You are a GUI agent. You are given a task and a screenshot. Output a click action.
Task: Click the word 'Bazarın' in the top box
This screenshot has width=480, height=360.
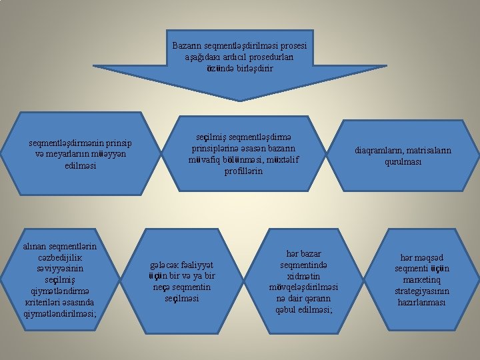tap(187, 46)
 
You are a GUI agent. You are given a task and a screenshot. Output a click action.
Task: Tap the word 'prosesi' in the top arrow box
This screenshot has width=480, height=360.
tap(292, 46)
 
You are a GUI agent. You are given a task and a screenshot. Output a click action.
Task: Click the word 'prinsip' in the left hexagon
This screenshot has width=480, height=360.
tap(118, 143)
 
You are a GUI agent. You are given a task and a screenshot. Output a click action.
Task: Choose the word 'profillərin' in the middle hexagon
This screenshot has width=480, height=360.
tap(243, 171)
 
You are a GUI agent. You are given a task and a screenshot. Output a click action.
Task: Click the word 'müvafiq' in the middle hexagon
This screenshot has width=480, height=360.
tap(207, 159)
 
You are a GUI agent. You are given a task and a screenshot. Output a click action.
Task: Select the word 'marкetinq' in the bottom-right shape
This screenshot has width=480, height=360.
tap(421, 280)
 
